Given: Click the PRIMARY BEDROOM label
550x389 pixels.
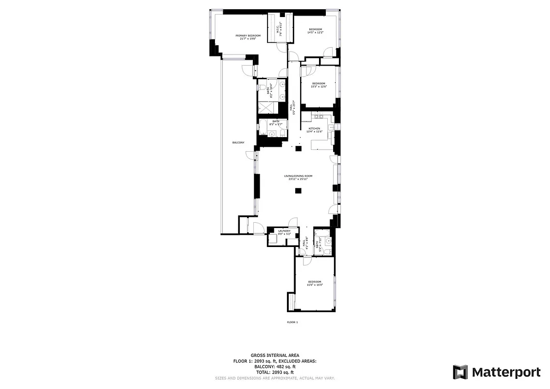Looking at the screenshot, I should coord(248,35).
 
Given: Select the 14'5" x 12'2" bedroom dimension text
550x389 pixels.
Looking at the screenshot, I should coord(316,33).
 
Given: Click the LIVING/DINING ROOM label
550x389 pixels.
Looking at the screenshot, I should coord(298,176).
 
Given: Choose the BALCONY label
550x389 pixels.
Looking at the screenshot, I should coord(238,142).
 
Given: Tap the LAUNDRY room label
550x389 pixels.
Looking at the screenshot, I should coord(284,231).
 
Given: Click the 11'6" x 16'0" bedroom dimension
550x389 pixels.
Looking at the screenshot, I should coord(315,285).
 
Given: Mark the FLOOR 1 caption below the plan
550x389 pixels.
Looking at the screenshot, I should coord(292,322).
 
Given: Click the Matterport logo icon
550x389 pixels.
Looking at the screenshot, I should coord(461,372).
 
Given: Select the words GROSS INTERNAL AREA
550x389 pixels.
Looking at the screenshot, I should coord(275,355).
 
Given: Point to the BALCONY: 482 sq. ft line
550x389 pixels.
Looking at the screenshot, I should coord(275,366).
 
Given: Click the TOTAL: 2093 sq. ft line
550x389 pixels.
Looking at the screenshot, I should coord(275,372).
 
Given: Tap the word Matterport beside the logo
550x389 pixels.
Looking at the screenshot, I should coord(506,372).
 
